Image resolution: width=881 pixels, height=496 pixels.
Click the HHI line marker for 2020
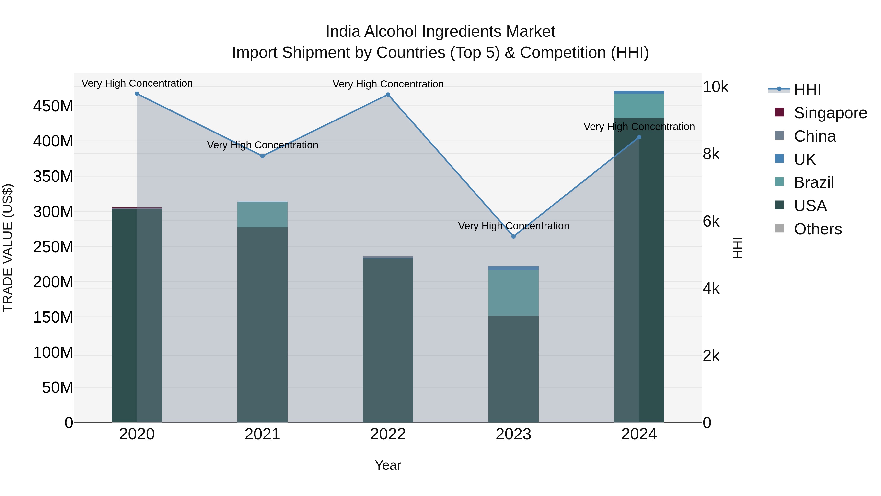coord(137,94)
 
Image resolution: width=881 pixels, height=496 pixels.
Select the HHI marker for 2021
coord(262,156)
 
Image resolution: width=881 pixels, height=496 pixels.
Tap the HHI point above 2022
coord(388,95)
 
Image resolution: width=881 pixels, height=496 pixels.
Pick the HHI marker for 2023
coord(513,237)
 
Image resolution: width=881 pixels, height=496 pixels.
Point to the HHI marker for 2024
coord(639,137)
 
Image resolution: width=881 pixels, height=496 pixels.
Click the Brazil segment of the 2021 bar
coord(262,215)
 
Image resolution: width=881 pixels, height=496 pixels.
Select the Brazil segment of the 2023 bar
coord(513,293)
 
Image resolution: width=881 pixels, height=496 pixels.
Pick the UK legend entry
coord(805,159)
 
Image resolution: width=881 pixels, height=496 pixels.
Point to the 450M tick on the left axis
coord(53,106)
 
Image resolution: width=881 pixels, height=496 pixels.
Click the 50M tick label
coord(58,387)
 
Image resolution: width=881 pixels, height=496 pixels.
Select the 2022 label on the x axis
coord(388,434)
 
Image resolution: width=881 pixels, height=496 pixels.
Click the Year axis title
coord(388,465)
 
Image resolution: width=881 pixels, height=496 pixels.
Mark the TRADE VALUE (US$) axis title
coord(8,248)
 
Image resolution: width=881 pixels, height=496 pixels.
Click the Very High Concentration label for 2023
coord(513,226)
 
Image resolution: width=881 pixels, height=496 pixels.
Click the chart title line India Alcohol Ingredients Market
coord(440,32)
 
